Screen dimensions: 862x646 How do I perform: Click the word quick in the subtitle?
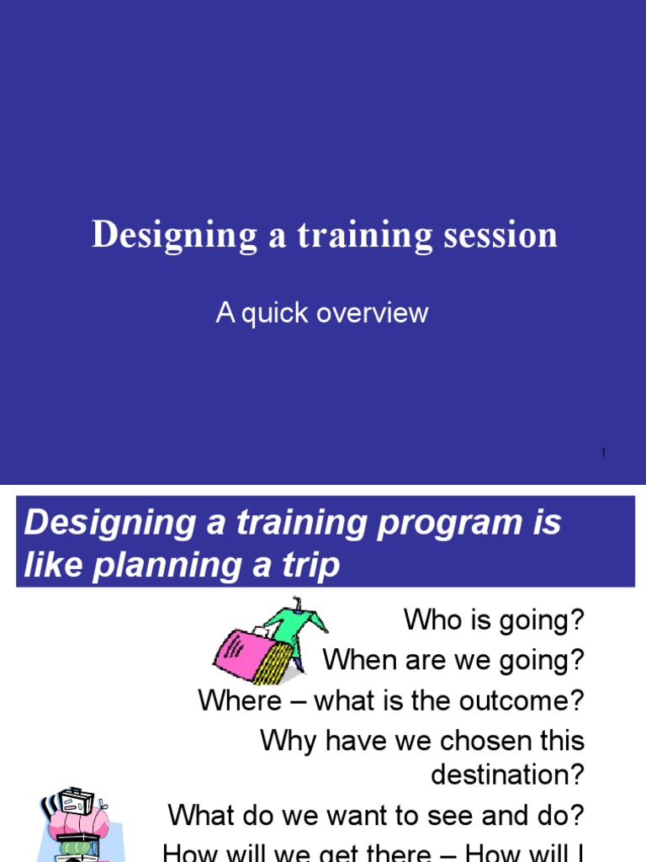tap(278, 314)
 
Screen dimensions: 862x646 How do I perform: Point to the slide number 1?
tap(604, 454)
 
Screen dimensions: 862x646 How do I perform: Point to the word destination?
tap(507, 774)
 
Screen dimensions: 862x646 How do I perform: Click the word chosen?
tap(479, 742)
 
